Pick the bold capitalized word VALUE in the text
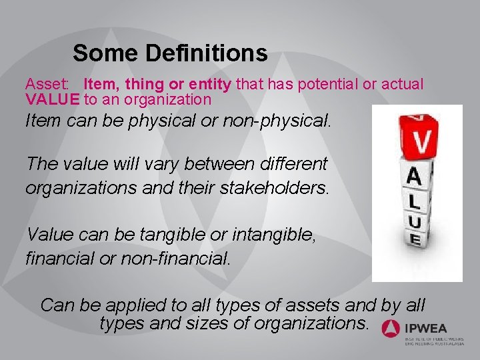(x=53, y=99)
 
